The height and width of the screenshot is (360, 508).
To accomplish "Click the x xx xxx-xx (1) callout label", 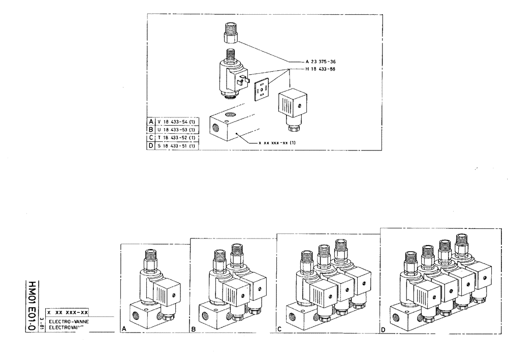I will (x=277, y=143).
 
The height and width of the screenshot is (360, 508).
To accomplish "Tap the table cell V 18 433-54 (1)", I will (x=176, y=122).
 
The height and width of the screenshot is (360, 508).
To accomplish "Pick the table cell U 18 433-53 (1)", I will (x=176, y=130).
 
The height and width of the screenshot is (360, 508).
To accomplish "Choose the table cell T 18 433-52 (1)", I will (x=176, y=138).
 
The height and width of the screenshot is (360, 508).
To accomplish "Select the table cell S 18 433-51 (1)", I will (x=176, y=146).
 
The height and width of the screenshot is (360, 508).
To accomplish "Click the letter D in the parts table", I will (x=150, y=146).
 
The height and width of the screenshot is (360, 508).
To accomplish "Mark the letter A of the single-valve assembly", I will (x=123, y=329).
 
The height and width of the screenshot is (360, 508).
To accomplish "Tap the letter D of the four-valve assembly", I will (x=383, y=329).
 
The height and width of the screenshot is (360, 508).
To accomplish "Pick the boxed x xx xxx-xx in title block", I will (x=68, y=312).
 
